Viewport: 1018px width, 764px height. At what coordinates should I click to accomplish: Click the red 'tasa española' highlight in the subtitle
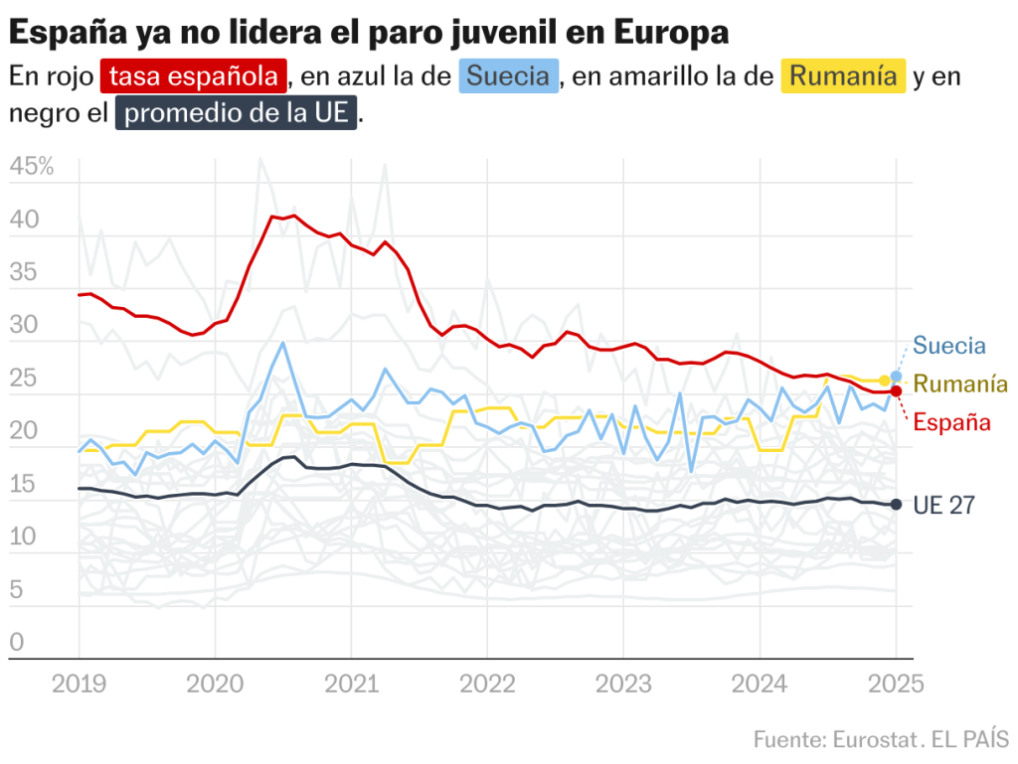click(x=194, y=76)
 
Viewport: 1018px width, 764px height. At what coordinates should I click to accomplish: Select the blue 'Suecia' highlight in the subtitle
click(x=508, y=76)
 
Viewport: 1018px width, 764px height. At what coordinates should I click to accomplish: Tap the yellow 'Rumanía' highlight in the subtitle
click(x=843, y=76)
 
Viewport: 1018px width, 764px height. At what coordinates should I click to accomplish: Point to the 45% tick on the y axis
click(x=31, y=167)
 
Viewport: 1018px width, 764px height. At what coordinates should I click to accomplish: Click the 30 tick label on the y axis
click(x=23, y=325)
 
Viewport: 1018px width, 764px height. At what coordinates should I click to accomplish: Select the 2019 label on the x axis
click(x=79, y=685)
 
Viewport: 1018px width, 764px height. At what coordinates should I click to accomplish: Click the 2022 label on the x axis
click(x=486, y=685)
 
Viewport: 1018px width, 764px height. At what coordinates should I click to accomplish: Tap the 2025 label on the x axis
click(x=895, y=685)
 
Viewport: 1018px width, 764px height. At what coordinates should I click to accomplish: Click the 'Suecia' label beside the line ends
click(x=949, y=347)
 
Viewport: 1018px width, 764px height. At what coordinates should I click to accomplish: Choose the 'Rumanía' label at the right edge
click(x=960, y=384)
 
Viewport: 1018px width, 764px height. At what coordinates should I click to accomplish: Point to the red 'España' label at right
click(x=952, y=422)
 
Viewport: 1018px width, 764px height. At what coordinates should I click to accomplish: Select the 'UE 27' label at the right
click(x=943, y=506)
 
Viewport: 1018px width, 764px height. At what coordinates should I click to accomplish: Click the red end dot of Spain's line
click(x=896, y=391)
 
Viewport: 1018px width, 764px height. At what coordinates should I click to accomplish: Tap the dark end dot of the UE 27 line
click(x=896, y=505)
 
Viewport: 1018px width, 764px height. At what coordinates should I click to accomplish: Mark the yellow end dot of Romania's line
click(x=885, y=381)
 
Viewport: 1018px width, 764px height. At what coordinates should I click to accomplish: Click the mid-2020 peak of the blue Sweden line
click(x=283, y=344)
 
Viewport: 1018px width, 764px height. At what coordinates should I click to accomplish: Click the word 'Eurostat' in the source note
click(x=871, y=740)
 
